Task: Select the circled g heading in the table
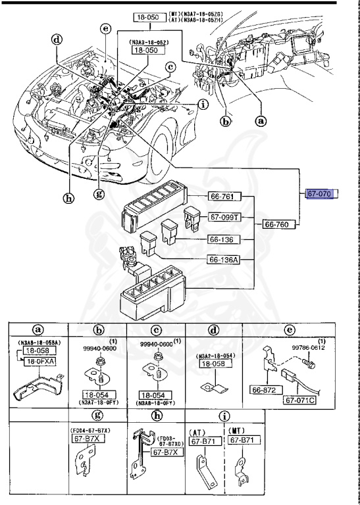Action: (x=98, y=415)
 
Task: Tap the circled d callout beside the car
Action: (x=58, y=39)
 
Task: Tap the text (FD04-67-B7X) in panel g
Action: (x=90, y=430)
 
